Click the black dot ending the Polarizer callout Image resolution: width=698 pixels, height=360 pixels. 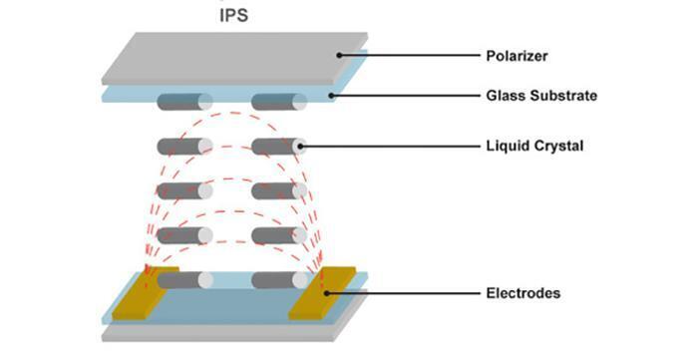340,54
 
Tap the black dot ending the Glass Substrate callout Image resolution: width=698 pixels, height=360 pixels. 334,97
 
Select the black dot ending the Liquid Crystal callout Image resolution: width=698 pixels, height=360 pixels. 302,147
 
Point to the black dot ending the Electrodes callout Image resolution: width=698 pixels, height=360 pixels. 326,293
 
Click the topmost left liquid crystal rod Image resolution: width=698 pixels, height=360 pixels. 184,101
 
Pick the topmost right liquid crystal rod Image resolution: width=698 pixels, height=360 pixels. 278,101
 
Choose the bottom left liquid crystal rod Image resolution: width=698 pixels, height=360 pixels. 184,281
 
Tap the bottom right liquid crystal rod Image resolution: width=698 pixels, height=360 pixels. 278,281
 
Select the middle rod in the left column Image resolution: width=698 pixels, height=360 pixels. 184,190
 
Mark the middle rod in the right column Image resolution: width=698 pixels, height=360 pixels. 278,190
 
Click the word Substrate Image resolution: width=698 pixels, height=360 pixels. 566,97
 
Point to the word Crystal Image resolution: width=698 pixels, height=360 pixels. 559,147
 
